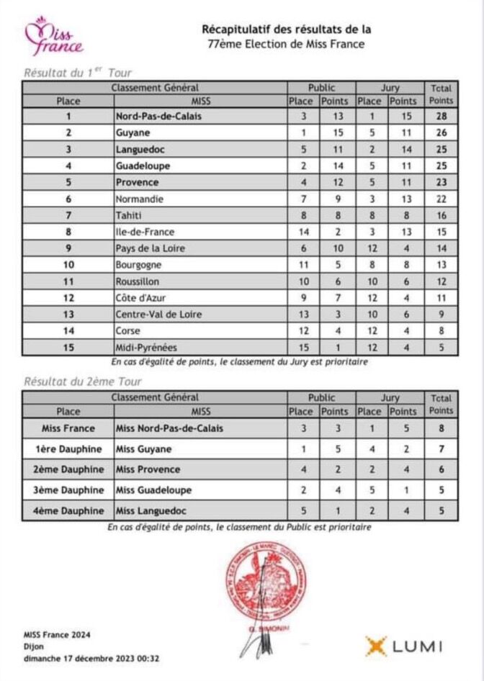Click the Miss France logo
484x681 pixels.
(53, 37)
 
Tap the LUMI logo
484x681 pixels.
(403, 646)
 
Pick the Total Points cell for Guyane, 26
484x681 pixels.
(442, 132)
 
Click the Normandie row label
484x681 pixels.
(139, 199)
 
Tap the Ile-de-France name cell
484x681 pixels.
(145, 232)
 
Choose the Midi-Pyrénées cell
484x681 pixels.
(146, 348)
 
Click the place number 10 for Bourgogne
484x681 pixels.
(68, 265)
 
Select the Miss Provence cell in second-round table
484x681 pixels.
(148, 469)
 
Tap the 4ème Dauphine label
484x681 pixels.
(69, 511)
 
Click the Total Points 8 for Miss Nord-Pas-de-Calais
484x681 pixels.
(442, 428)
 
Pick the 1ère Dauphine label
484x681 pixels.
(69, 449)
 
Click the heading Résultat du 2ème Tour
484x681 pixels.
(83, 382)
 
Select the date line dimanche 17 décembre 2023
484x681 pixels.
(91, 657)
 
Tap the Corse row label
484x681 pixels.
(127, 331)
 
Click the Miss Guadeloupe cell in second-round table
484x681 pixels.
(153, 490)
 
